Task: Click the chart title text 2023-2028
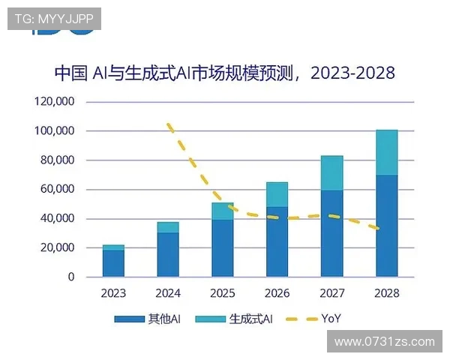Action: pyautogui.click(x=352, y=73)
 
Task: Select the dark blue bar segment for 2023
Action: pyautogui.click(x=114, y=263)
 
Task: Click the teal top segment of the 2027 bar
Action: pyautogui.click(x=331, y=173)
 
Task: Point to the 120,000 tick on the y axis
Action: pyautogui.click(x=54, y=102)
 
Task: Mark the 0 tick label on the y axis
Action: pyautogui.click(x=71, y=277)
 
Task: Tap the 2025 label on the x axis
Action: pyautogui.click(x=223, y=293)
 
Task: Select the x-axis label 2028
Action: pyautogui.click(x=386, y=293)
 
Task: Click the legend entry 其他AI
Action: pyautogui.click(x=148, y=319)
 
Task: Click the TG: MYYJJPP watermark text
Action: pyautogui.click(x=53, y=19)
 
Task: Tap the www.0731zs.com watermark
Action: pyautogui.click(x=384, y=341)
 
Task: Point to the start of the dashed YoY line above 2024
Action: pyautogui.click(x=169, y=124)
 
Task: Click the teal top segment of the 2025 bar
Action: pyautogui.click(x=223, y=211)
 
